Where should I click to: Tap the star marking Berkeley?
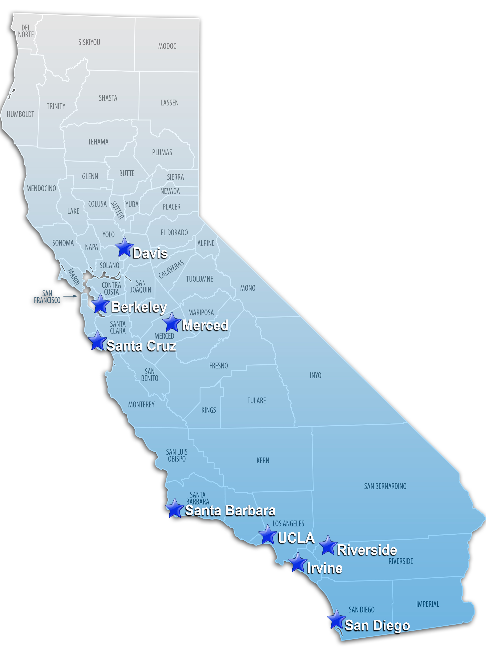pyautogui.click(x=100, y=304)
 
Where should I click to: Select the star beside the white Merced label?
pyautogui.click(x=172, y=322)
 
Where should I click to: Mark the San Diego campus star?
pyautogui.click(x=336, y=619)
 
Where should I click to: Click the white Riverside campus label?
pyautogui.click(x=367, y=550)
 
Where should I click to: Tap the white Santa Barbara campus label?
pyautogui.click(x=230, y=511)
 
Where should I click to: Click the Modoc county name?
pyautogui.click(x=167, y=46)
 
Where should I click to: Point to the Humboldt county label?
pyautogui.click(x=20, y=114)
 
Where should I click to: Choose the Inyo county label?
pyautogui.click(x=315, y=375)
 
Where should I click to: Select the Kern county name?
pyautogui.click(x=263, y=461)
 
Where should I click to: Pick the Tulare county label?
pyautogui.click(x=257, y=401)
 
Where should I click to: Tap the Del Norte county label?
pyautogui.click(x=26, y=31)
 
